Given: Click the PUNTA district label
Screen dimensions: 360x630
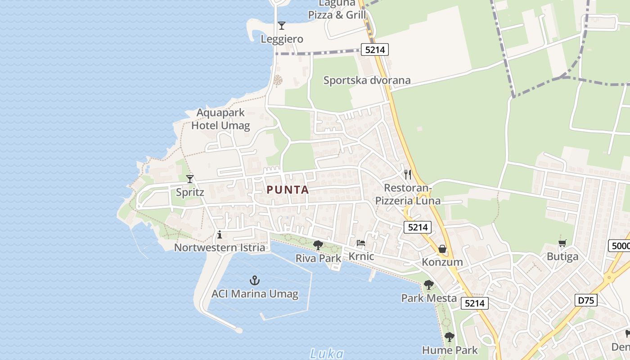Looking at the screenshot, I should tap(288, 190).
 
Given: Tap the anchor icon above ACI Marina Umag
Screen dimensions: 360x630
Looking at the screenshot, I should tap(255, 281).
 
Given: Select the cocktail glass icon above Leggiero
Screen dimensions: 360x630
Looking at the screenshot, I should tap(282, 26).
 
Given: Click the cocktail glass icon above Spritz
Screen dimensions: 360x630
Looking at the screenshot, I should tap(190, 179).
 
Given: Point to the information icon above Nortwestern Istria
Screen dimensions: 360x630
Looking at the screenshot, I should tap(220, 234).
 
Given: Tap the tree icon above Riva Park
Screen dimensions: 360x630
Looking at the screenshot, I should tap(318, 245).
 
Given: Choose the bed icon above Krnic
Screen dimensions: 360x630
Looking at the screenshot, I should tap(361, 243).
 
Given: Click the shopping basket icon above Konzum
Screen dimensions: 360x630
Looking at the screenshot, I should tap(442, 249).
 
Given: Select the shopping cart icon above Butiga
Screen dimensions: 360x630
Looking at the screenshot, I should tap(562, 243).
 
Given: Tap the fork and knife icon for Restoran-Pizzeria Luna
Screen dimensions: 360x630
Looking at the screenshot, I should tap(408, 174).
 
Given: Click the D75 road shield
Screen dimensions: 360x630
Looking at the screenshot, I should tap(586, 300).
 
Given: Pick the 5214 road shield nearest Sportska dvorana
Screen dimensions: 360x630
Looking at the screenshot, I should tap(375, 49).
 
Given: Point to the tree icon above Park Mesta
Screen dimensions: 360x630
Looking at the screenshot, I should tap(428, 285).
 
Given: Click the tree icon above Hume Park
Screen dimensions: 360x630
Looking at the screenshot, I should tap(449, 337).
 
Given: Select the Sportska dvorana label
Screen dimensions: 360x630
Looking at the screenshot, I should tap(367, 81).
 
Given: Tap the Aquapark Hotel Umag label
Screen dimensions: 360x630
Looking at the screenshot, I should tap(220, 119).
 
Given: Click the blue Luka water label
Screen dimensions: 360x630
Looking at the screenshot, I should tap(327, 354).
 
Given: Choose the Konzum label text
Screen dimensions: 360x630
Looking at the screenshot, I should tap(442, 262).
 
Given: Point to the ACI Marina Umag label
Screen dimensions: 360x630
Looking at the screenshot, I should tap(255, 294).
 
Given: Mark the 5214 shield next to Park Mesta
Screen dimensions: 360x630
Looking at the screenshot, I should tap(475, 303).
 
